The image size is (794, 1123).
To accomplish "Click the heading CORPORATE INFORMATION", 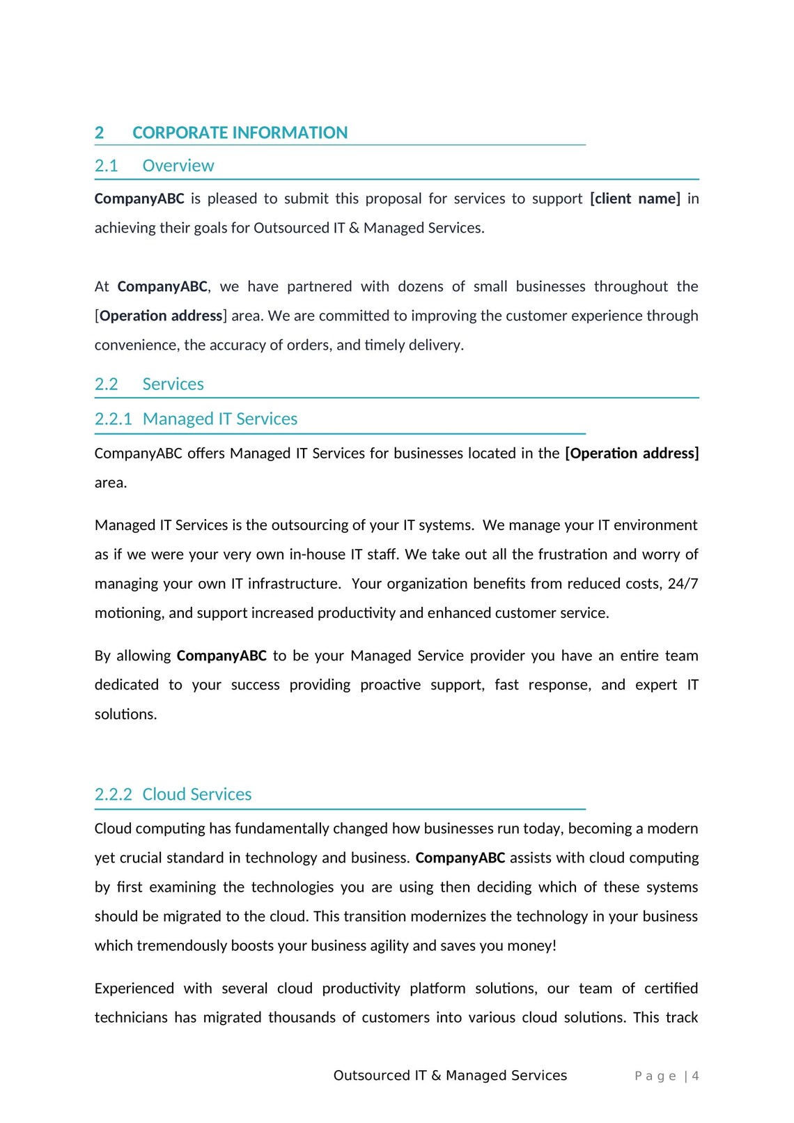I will [x=240, y=132].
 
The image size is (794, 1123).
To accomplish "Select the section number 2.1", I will [x=106, y=166].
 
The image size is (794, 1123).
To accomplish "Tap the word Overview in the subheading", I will [x=178, y=166].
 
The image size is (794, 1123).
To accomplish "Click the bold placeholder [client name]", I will [x=635, y=199].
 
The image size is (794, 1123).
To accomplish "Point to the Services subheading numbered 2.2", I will [x=173, y=384].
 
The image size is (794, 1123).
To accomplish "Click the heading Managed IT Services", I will [x=219, y=419].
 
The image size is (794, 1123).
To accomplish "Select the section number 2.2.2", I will [x=113, y=794].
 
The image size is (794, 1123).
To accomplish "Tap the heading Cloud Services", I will [x=196, y=794].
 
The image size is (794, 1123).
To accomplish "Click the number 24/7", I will [x=683, y=584].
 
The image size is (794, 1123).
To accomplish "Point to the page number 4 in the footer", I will [x=695, y=1076].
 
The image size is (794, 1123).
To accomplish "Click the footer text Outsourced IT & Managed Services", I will [x=450, y=1076].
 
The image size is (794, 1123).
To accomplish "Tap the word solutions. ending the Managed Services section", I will [x=125, y=714].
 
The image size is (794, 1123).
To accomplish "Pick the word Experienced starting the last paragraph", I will [x=134, y=989].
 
